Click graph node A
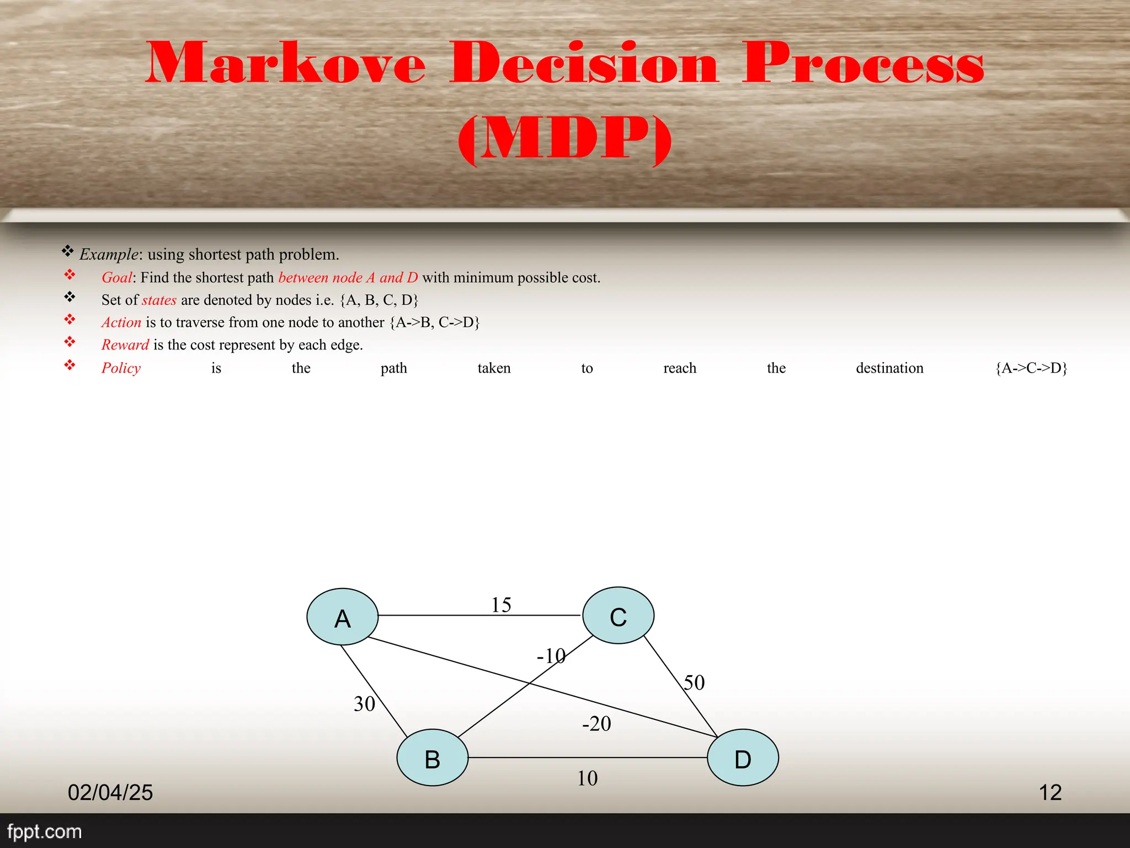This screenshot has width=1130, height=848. click(x=342, y=617)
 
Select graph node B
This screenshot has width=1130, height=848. click(x=432, y=757)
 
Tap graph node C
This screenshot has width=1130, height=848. click(x=618, y=615)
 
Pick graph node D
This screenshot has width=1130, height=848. click(x=743, y=757)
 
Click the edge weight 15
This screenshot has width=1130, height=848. click(x=501, y=605)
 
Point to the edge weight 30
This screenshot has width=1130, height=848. click(x=364, y=704)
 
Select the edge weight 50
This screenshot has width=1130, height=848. click(x=694, y=683)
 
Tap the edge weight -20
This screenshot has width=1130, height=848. click(x=596, y=724)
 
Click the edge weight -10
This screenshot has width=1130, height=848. click(x=551, y=656)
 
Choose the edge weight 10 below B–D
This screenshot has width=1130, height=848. click(x=587, y=778)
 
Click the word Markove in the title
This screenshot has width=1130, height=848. click(x=286, y=63)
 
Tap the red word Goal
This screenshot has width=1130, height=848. click(x=116, y=277)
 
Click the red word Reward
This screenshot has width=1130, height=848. click(x=125, y=345)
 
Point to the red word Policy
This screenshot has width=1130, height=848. click(x=121, y=368)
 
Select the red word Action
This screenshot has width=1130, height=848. click(x=121, y=322)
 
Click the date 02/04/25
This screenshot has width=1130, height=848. click(x=110, y=792)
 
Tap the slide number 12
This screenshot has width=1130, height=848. click(x=1050, y=792)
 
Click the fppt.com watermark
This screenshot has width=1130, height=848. click(x=44, y=831)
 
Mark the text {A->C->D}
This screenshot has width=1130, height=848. click(x=1031, y=368)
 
